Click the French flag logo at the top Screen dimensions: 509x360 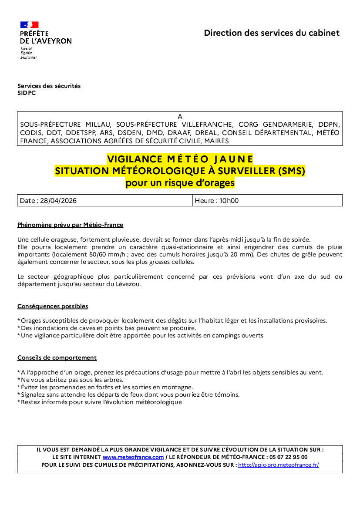pos(29,25)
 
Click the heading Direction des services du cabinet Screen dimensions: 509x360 pos(272,33)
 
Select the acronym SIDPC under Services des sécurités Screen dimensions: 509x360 pos(27,93)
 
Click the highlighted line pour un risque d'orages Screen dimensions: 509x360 pos(180,183)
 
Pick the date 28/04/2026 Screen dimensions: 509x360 pos(58,201)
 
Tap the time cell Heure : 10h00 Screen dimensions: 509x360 pos(216,201)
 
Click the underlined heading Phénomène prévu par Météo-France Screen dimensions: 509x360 pos(70,225)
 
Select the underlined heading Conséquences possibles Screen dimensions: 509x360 pos(53,307)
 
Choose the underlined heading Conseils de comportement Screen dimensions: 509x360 pos(57,358)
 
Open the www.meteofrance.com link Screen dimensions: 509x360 pos(133,457)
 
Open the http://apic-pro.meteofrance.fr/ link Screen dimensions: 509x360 pos(278,465)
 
